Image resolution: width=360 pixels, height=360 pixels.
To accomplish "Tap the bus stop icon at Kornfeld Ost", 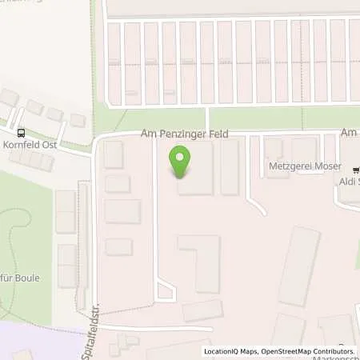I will tap(20, 134).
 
